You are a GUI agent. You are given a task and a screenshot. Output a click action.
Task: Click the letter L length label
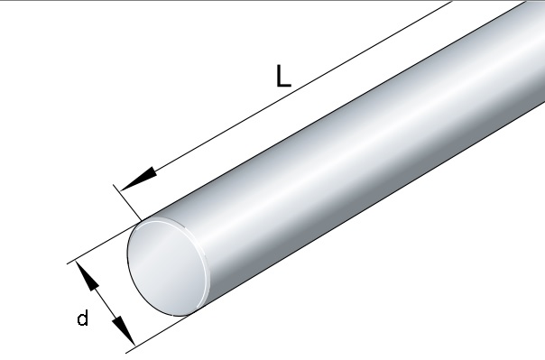pos(283,76)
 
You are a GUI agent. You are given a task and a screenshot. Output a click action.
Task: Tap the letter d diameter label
pos(83,318)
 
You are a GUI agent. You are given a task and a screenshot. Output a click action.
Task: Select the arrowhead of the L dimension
pos(138,179)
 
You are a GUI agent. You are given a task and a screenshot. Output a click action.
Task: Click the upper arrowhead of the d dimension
pos(87,276)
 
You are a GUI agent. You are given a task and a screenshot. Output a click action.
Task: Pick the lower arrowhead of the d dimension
pos(124,330)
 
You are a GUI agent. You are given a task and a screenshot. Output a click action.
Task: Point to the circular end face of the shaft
pos(168,268)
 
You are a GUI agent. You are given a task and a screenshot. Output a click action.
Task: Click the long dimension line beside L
pos(286,96)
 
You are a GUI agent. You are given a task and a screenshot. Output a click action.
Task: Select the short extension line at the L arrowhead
pos(127,202)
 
